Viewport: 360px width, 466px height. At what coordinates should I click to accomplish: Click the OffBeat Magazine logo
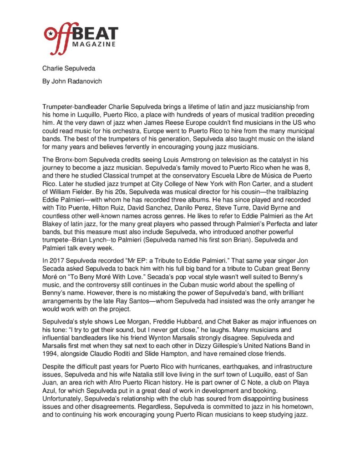click(x=81, y=35)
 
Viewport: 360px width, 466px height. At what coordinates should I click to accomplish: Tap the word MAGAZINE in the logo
click(x=97, y=44)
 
